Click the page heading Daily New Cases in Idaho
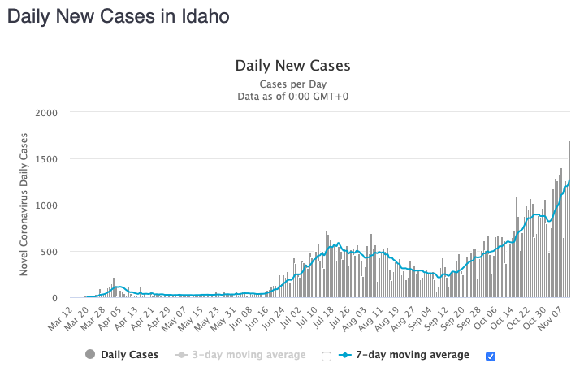coord(118,15)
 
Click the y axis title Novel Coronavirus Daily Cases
coord(24,205)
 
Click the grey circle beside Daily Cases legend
coord(89,355)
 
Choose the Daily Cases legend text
coord(129,355)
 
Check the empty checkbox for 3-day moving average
coord(327,356)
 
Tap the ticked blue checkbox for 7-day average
coord(490,356)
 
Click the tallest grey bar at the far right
coord(569,219)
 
